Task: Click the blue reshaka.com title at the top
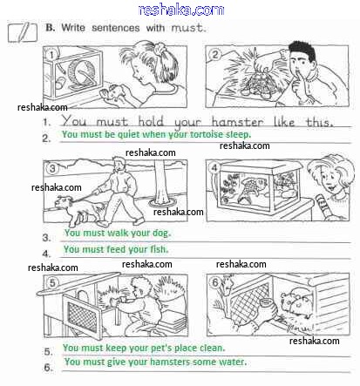(181, 10)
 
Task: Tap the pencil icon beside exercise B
(23, 31)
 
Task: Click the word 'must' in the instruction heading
(188, 28)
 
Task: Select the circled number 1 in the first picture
(51, 54)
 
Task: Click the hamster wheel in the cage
(81, 75)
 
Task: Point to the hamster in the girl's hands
(115, 92)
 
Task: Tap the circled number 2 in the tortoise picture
(214, 54)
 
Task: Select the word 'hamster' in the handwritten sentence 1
(238, 122)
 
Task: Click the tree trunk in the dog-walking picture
(161, 182)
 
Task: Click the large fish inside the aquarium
(252, 188)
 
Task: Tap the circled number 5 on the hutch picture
(52, 282)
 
